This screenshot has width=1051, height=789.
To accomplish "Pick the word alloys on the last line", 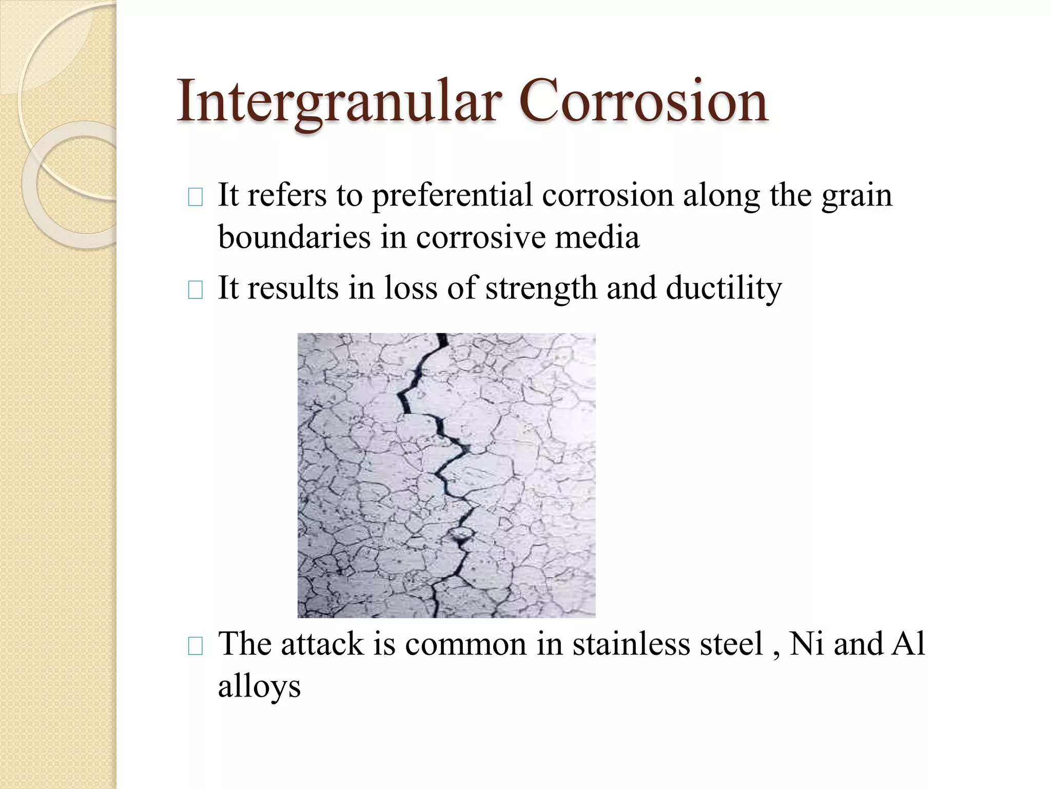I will tap(259, 686).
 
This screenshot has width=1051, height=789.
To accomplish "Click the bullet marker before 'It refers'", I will tap(196, 198).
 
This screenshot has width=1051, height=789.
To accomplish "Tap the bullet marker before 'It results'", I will tap(196, 290).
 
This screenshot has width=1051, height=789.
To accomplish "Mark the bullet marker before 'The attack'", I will tap(196, 647).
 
